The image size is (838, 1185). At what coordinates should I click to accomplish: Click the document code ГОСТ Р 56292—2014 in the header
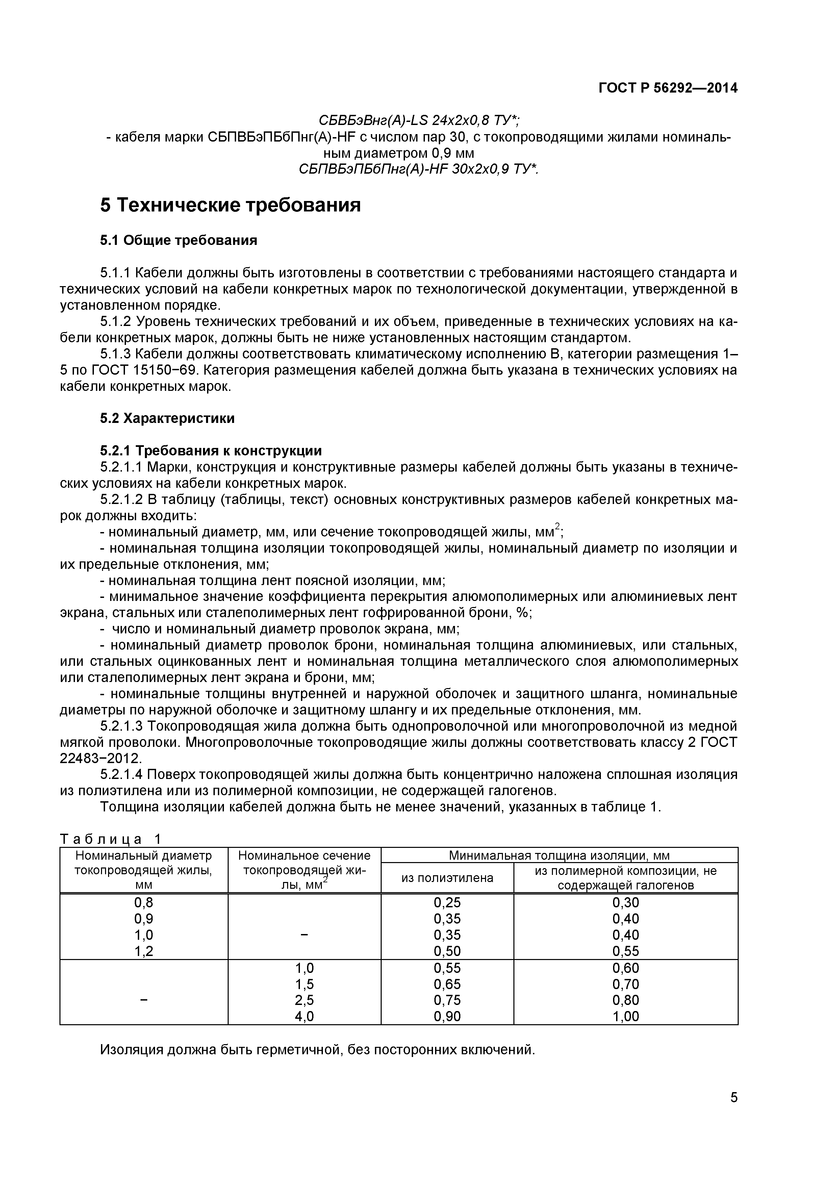coord(668,88)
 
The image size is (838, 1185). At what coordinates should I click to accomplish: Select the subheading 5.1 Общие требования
coord(179,241)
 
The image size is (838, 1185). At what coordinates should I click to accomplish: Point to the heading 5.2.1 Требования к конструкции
coord(210,451)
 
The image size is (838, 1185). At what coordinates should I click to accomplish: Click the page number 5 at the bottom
coord(734,1112)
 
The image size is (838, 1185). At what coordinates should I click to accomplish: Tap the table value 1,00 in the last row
coord(626,1017)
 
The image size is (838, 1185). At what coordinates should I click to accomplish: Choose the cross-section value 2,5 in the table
coord(304,1000)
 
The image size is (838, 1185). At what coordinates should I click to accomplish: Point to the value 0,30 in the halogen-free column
coord(626,903)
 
